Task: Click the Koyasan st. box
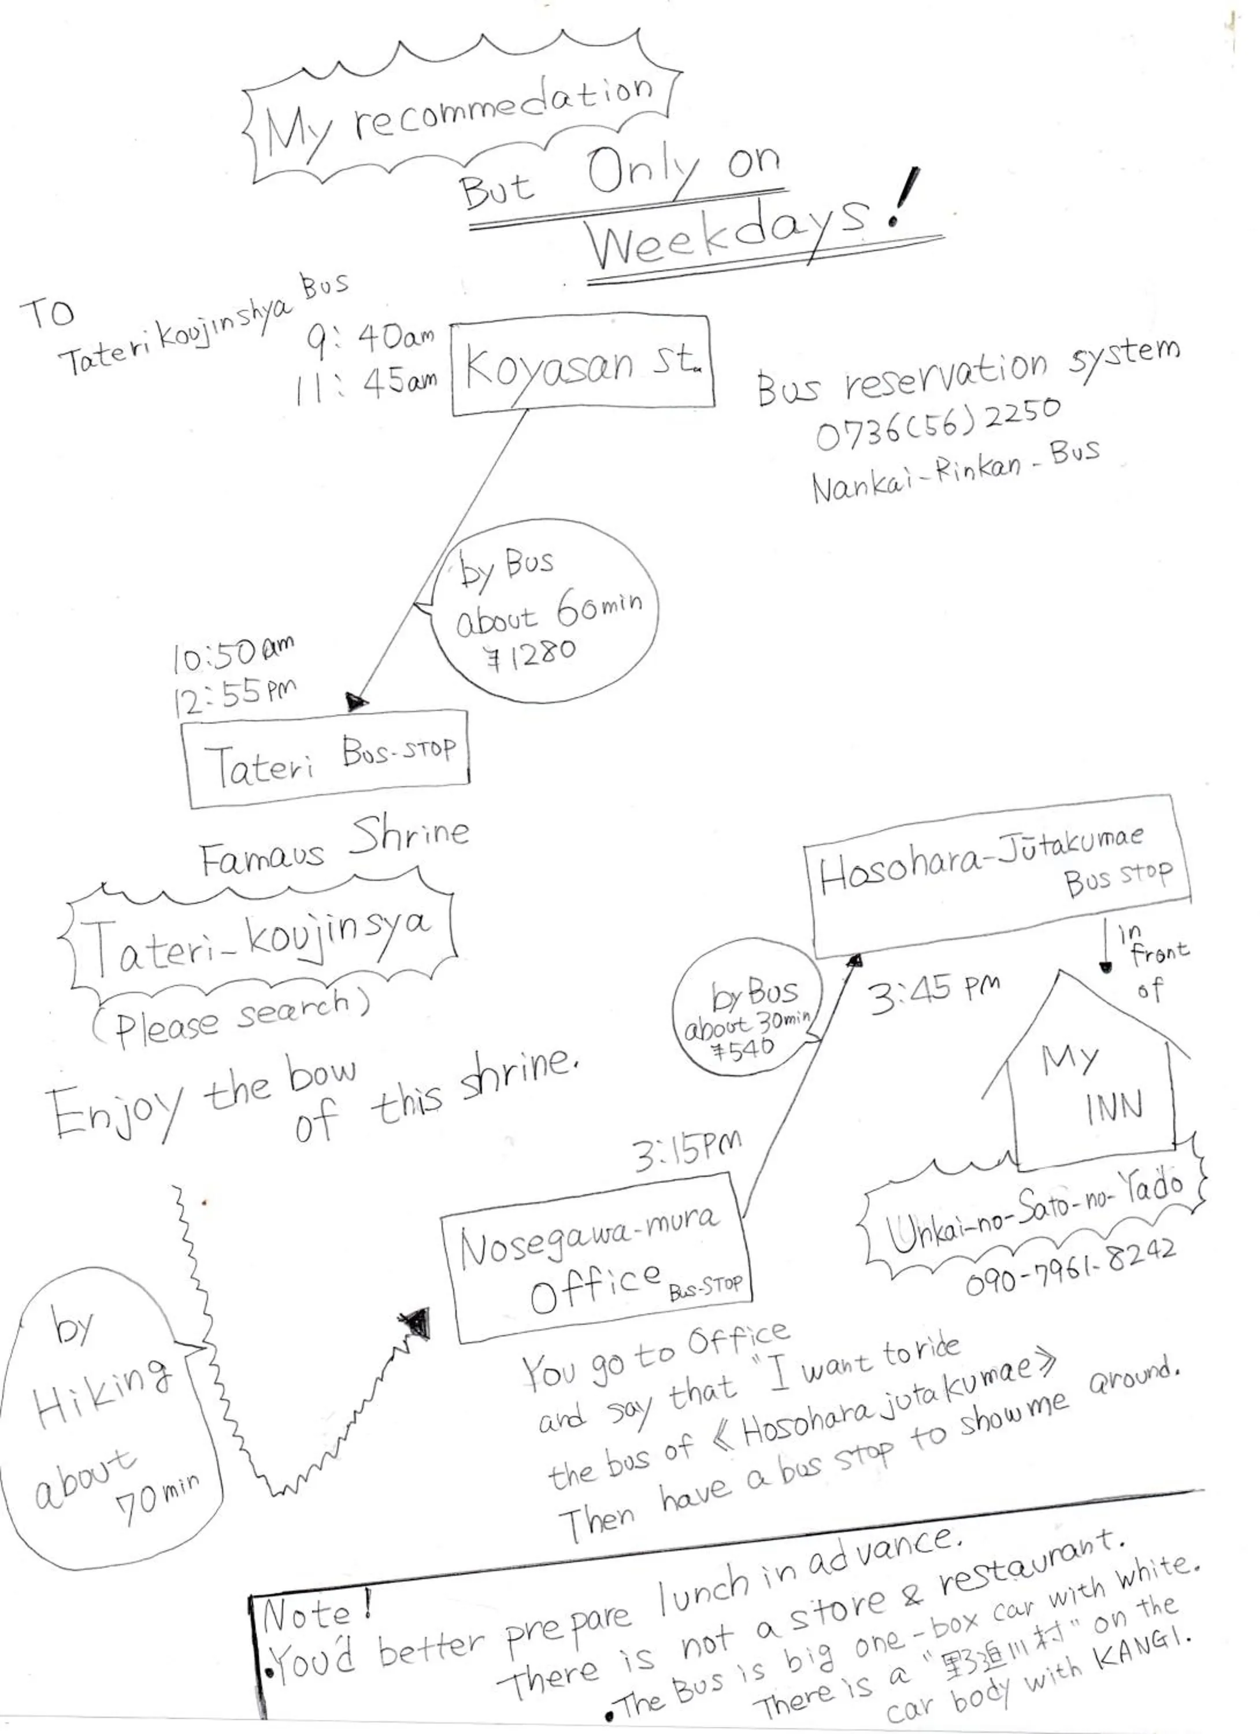click(583, 366)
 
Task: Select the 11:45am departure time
click(367, 384)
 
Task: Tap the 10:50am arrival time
click(233, 654)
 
